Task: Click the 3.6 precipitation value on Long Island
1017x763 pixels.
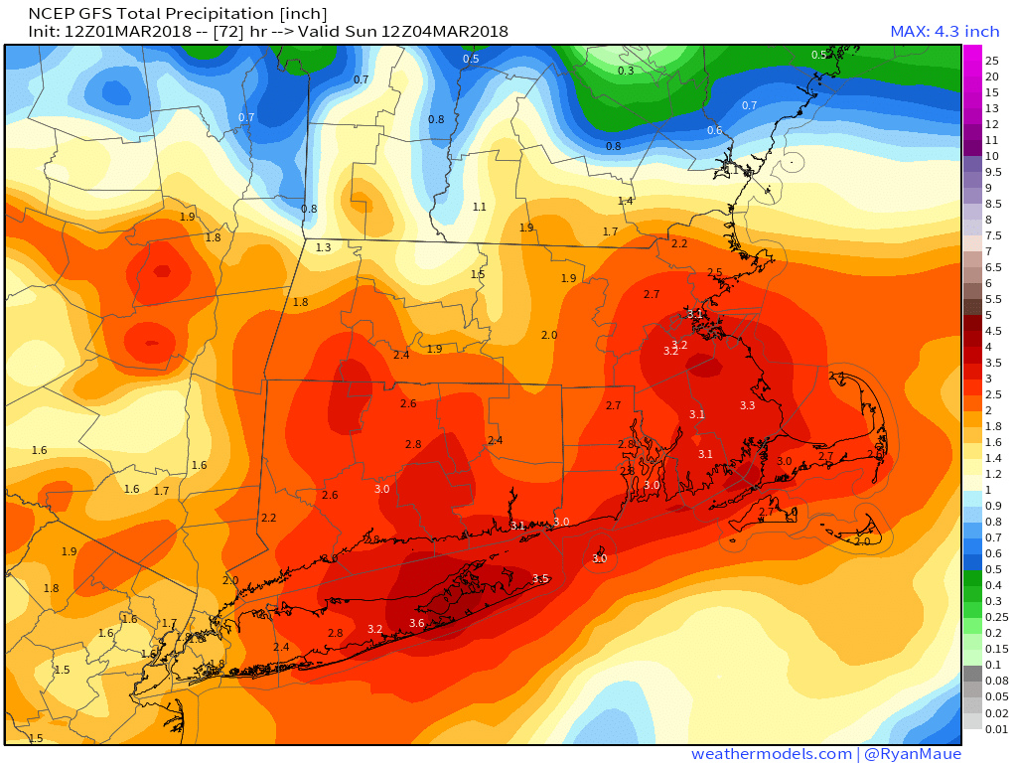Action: (417, 623)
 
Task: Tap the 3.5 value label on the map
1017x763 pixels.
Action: (540, 578)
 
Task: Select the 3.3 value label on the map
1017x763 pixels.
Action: (748, 405)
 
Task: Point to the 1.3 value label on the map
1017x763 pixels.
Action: (324, 247)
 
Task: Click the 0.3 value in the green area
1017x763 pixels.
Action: (626, 71)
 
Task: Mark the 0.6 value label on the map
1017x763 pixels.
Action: (714, 130)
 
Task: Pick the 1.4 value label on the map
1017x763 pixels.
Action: (626, 201)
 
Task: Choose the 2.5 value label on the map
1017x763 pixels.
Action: (714, 272)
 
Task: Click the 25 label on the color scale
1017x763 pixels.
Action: (991, 61)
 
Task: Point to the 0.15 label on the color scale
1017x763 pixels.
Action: (993, 649)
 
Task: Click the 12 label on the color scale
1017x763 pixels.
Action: (991, 124)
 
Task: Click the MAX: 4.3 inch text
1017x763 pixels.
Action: (944, 32)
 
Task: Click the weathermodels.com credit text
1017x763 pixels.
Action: (771, 754)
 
